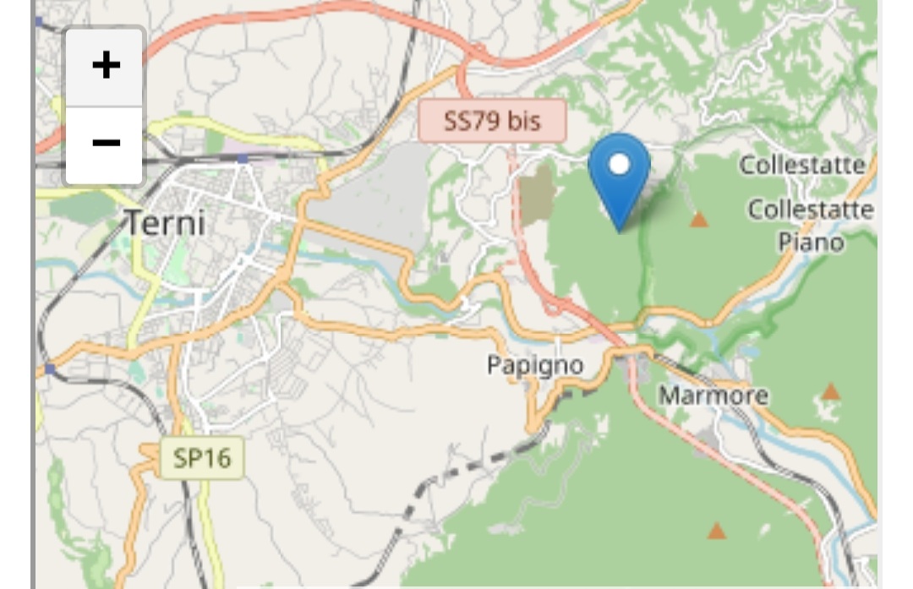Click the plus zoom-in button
tap(105, 66)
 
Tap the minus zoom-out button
tap(105, 143)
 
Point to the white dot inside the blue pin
tap(619, 163)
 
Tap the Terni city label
tap(165, 223)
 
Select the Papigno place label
tap(534, 365)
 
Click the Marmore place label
tap(713, 395)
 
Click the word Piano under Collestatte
tap(811, 243)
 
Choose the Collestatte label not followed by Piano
tap(802, 165)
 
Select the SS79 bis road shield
tap(492, 121)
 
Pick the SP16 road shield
tap(201, 457)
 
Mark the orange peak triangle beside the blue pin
tap(698, 220)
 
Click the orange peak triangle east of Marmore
tap(831, 391)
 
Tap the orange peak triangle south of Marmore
tap(717, 531)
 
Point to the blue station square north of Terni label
tap(243, 158)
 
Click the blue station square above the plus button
tap(39, 21)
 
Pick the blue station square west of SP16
tap(50, 369)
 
